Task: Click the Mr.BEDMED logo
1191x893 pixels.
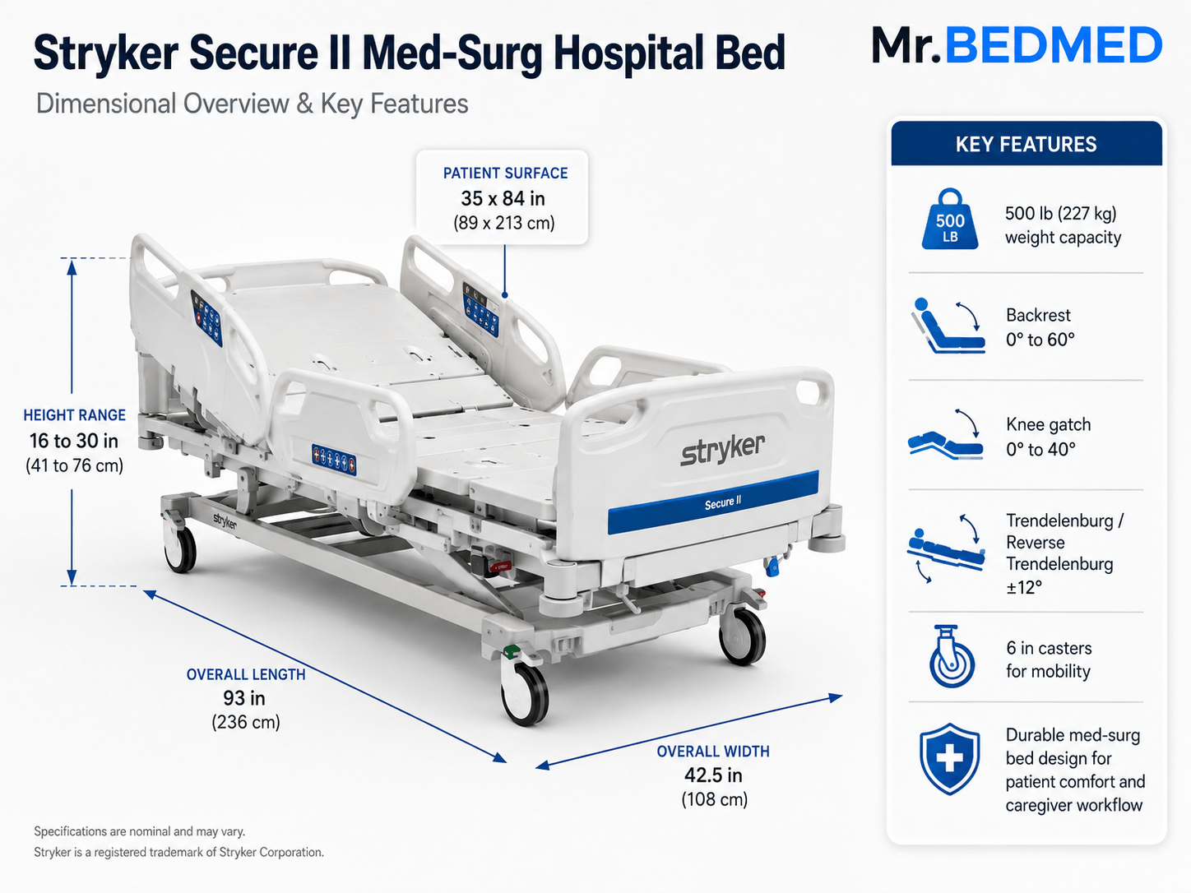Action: click(1017, 45)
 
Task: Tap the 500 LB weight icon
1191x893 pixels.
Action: click(949, 219)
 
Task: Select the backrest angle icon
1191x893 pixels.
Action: click(948, 326)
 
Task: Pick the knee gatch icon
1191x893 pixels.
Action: click(946, 435)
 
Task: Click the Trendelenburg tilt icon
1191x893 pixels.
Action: click(946, 548)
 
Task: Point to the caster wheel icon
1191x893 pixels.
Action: click(951, 657)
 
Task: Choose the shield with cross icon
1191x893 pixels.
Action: click(949, 759)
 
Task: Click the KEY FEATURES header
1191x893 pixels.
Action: click(1026, 144)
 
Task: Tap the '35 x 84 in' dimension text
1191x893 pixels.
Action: click(503, 198)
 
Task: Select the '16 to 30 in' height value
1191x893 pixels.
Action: click(74, 441)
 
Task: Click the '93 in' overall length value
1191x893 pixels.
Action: click(244, 698)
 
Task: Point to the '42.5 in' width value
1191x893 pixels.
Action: click(713, 775)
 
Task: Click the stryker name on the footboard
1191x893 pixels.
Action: click(723, 450)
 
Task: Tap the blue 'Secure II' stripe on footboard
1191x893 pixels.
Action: click(713, 502)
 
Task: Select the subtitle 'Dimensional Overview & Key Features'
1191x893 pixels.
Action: click(252, 104)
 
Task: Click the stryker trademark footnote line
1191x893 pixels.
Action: click(178, 852)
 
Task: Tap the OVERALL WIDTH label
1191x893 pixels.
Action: click(713, 752)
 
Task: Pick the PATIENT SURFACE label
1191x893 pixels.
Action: click(505, 174)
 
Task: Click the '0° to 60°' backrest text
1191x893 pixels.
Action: click(1040, 340)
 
